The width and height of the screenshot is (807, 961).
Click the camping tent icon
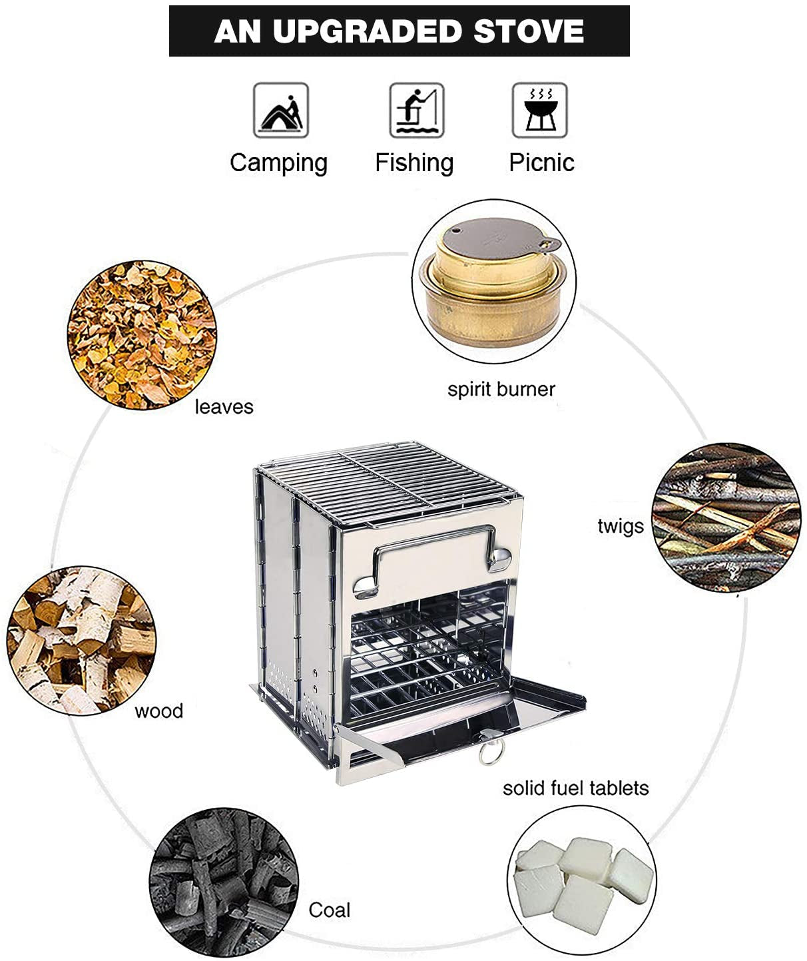[x=280, y=111]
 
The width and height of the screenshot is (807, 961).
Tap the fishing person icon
[x=416, y=111]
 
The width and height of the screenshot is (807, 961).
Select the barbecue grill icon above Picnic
[x=539, y=111]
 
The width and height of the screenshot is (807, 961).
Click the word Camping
[x=278, y=163]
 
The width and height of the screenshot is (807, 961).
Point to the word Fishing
[x=413, y=162]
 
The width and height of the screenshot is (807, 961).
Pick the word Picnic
[x=541, y=162]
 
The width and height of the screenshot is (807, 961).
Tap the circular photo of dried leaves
[x=141, y=335]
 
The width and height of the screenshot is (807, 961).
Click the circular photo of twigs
[x=724, y=517]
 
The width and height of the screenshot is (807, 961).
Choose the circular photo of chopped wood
[x=81, y=640]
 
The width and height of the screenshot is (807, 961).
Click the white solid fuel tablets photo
[x=581, y=879]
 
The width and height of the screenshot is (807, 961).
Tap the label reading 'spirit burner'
[x=501, y=390]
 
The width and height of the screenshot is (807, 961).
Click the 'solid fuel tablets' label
[x=575, y=789]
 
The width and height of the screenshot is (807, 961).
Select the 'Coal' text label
[x=329, y=910]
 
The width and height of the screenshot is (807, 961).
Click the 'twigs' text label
[x=620, y=526]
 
